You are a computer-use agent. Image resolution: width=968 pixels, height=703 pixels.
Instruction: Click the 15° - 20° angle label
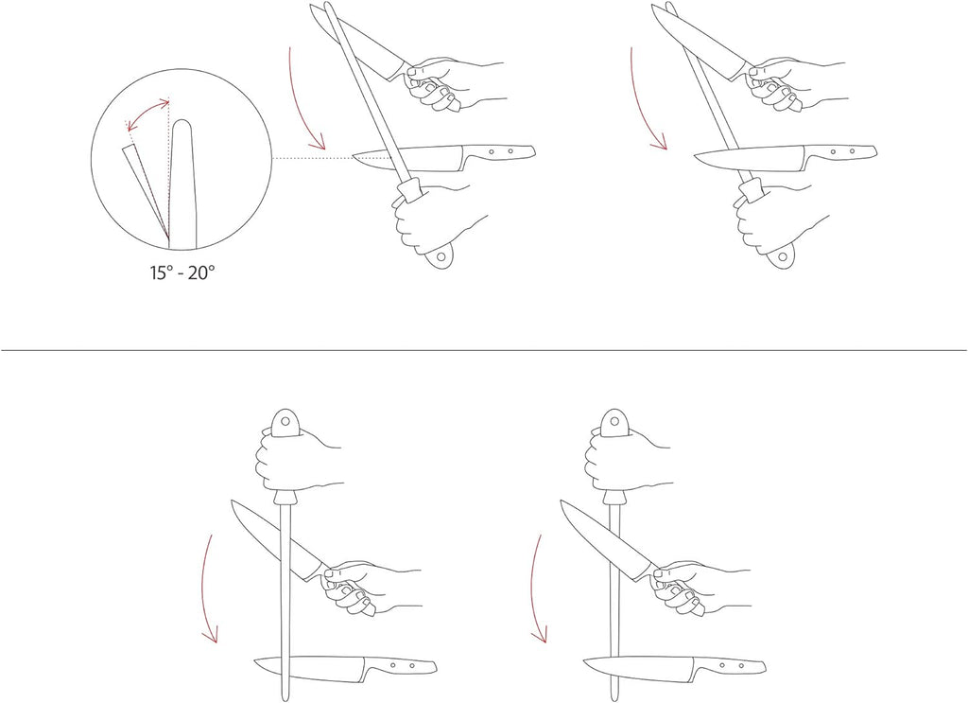coord(182,272)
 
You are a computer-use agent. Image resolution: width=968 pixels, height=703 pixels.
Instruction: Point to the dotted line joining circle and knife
coord(312,158)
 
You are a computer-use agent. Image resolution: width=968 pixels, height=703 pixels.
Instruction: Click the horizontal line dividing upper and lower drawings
coord(484,350)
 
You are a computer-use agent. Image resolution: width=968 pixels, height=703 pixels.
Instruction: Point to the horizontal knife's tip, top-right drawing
coord(695,157)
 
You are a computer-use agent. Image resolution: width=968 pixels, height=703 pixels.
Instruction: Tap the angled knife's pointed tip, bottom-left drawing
coord(233,501)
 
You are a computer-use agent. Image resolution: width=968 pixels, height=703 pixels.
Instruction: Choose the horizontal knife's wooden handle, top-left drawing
coord(499,151)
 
